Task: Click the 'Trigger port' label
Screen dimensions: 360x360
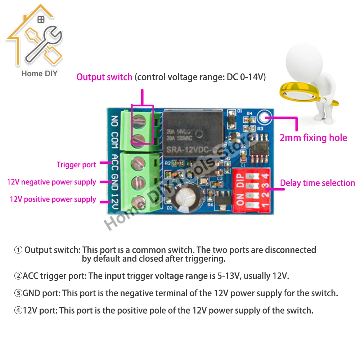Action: point(76,165)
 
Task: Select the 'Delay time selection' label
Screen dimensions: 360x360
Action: point(318,183)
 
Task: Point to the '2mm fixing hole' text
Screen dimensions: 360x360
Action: point(313,138)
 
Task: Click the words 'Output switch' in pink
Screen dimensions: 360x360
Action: point(104,77)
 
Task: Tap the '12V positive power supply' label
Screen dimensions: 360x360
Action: point(53,199)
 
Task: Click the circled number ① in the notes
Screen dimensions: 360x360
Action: point(18,250)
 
